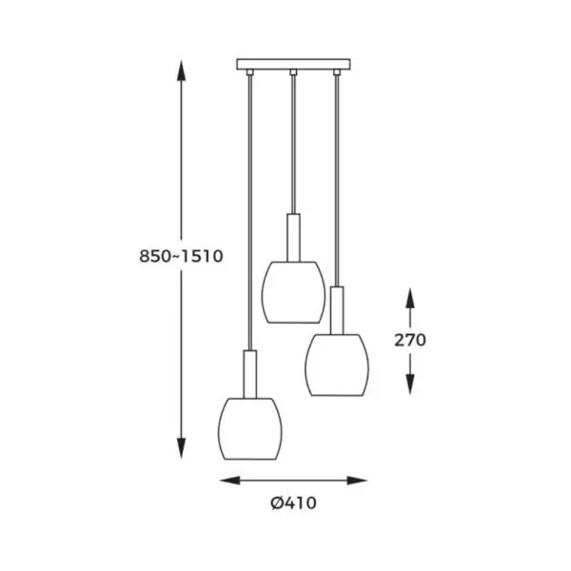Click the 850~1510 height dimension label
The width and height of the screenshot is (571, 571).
pyautogui.click(x=181, y=256)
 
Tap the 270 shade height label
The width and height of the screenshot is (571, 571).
pyautogui.click(x=410, y=340)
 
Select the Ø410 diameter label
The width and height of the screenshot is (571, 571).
pyautogui.click(x=293, y=503)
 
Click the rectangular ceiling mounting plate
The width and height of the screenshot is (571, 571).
pyautogui.click(x=293, y=64)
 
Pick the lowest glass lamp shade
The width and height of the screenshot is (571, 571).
pyautogui.click(x=249, y=428)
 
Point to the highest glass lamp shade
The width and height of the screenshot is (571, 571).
pyautogui.click(x=293, y=292)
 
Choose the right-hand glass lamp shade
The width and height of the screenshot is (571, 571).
pyautogui.click(x=337, y=364)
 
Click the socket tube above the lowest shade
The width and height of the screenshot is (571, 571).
pyautogui.click(x=249, y=374)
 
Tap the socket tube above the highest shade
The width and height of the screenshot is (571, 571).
pyautogui.click(x=293, y=237)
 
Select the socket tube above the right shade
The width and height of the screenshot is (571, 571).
pyautogui.click(x=337, y=310)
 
